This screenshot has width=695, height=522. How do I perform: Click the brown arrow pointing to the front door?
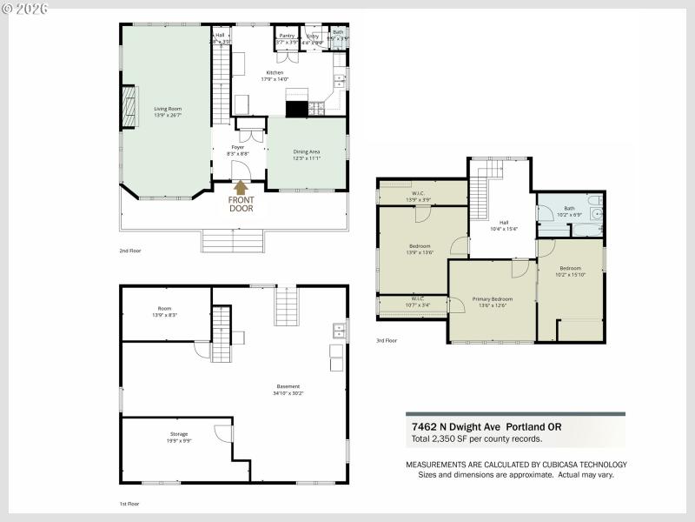(241, 185)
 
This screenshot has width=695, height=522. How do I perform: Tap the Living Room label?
(167, 109)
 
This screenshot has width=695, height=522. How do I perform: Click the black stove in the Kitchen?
(296, 109)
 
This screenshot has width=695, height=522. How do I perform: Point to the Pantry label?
(287, 36)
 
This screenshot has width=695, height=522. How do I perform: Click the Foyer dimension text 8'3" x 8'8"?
(238, 154)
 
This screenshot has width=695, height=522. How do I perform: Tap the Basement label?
(288, 386)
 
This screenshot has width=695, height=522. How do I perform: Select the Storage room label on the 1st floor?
(178, 433)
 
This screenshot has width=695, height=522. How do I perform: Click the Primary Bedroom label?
(492, 298)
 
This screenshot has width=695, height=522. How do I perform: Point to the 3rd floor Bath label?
(569, 208)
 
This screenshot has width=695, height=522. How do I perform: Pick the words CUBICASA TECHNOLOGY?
(585, 465)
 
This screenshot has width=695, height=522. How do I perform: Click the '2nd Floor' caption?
(130, 251)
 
